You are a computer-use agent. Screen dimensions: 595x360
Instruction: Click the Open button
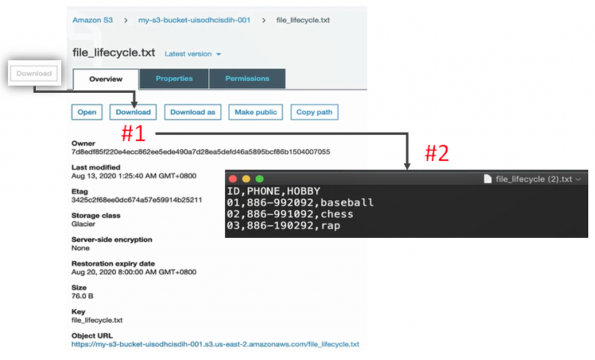tap(87, 112)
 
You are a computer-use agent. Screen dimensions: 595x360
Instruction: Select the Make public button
tap(255, 112)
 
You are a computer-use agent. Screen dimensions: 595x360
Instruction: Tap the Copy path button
tap(314, 112)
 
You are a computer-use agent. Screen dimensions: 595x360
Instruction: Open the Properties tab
tap(174, 78)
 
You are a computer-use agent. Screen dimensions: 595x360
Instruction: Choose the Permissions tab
tap(247, 78)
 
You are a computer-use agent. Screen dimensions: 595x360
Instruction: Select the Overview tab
tap(106, 79)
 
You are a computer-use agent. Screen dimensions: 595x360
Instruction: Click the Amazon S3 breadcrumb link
tap(92, 20)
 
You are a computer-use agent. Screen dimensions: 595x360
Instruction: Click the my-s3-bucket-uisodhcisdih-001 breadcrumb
tap(194, 20)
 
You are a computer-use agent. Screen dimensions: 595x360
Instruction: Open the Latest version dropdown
tap(193, 54)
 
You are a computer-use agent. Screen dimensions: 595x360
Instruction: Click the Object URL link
tap(215, 344)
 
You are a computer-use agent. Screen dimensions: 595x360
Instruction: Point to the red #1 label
tap(132, 134)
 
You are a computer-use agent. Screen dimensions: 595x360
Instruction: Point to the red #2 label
tap(436, 153)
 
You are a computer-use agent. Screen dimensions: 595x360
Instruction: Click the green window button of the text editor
tap(260, 179)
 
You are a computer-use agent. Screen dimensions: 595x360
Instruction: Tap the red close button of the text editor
tap(234, 179)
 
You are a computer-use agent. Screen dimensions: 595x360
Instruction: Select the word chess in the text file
tap(337, 214)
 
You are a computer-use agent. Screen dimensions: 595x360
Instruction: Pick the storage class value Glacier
tap(83, 224)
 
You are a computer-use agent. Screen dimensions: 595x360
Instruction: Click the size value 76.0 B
tap(83, 296)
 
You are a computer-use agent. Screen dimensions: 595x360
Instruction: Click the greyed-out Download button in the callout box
tap(34, 73)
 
